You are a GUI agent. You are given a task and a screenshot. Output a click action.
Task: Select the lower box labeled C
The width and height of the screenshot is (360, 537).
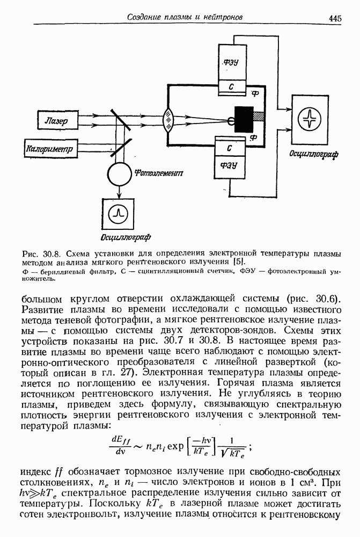click(x=229, y=147)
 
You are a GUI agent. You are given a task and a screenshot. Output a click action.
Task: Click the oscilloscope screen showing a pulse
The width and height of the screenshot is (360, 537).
click(x=118, y=214)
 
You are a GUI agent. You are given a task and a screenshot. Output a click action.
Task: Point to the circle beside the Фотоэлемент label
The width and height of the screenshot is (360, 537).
click(x=118, y=173)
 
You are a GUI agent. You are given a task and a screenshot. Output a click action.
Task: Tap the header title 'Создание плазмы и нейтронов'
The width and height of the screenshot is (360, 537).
click(x=185, y=17)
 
